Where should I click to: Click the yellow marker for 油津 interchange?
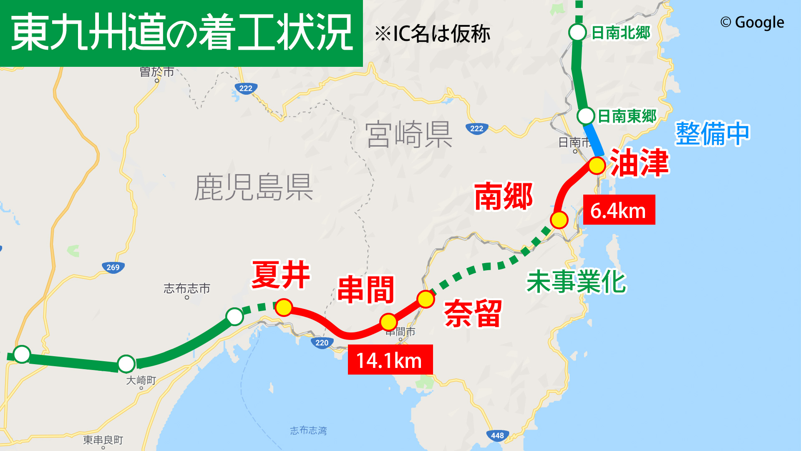coord(597,166)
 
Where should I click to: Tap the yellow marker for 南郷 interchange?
coord(559,220)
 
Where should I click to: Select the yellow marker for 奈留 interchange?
coord(426,299)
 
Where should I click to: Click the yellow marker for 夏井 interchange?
coord(284,308)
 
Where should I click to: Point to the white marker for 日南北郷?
coord(578,32)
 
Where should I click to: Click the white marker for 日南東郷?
coord(586,116)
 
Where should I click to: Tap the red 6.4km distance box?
coord(619,210)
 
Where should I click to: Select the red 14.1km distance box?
coord(390,360)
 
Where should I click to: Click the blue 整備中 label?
coord(713,134)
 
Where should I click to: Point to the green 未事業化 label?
coord(576,282)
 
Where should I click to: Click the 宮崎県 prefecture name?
coord(409,134)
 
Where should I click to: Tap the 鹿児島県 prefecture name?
coord(254,187)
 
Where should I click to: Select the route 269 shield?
coord(113,267)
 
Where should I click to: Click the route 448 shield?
coord(497,436)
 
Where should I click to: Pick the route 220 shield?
coord(322,343)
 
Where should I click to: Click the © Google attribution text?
coord(752,22)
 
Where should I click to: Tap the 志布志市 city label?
coord(186,288)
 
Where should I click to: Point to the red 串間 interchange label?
coord(366,289)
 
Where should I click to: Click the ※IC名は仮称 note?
coord(432,34)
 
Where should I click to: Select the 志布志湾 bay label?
coord(308,430)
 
